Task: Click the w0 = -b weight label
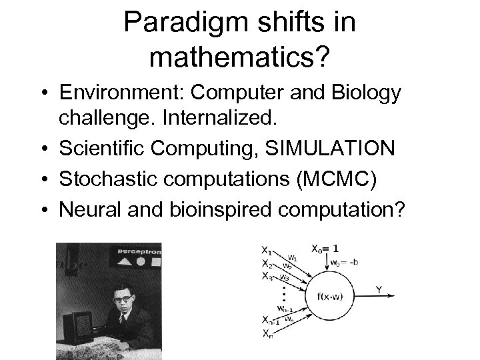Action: [x=345, y=262]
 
